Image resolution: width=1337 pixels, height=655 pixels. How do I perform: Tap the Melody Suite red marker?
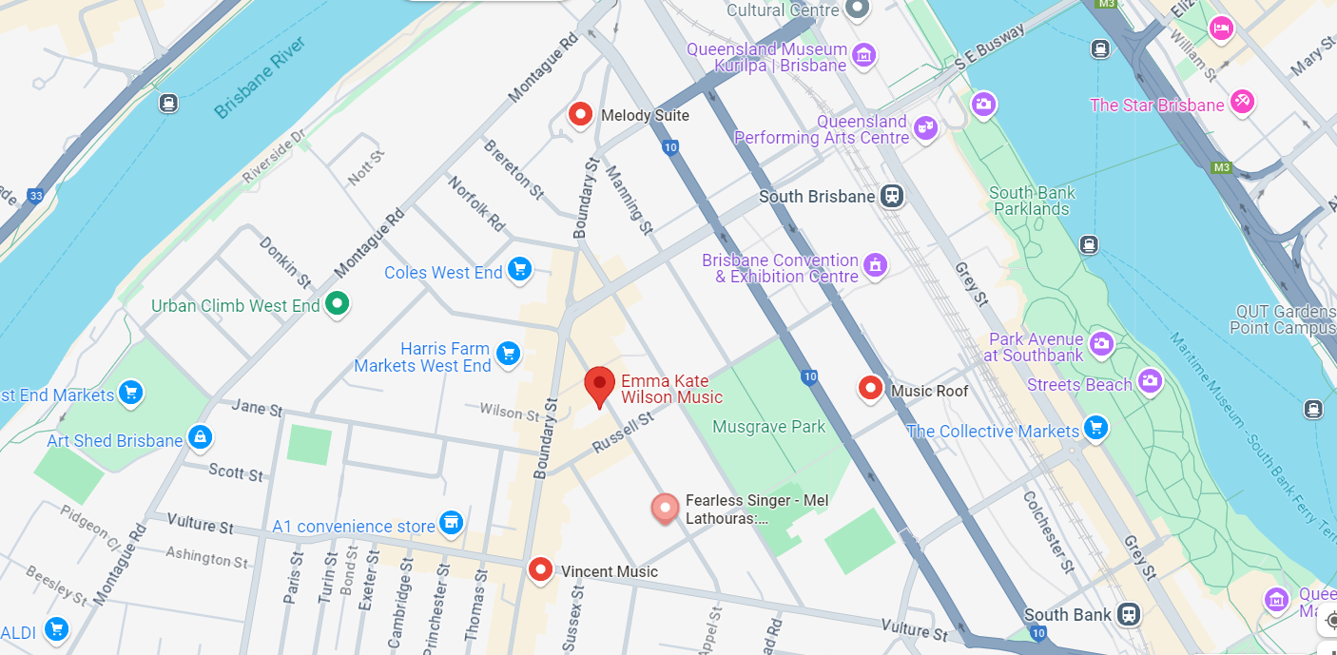(580, 115)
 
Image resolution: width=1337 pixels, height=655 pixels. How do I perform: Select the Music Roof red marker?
(870, 389)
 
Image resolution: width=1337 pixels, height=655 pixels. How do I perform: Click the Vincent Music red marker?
(541, 570)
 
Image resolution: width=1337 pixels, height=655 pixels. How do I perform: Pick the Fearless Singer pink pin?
(665, 508)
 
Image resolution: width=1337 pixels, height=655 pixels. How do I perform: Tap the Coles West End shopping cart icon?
(519, 271)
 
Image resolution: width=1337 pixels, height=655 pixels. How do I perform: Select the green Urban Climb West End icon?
(337, 305)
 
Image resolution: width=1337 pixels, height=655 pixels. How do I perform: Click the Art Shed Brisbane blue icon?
(200, 437)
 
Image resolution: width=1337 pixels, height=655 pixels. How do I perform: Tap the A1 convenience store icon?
(451, 523)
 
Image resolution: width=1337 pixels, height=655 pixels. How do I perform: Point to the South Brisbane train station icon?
(891, 196)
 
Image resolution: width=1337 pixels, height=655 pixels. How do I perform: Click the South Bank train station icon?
(1129, 614)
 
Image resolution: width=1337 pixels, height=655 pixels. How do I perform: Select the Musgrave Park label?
(768, 427)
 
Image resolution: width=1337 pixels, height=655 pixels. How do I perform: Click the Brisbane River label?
(259, 78)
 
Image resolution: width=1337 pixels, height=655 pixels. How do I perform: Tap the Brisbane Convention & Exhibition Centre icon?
(875, 264)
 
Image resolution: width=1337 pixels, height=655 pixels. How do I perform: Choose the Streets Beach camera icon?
(1150, 382)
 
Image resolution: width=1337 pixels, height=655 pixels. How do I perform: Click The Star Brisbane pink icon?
(1241, 102)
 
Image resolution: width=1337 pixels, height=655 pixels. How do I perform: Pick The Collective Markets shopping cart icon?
(1096, 429)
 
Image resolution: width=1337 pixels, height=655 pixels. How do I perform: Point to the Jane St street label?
(257, 410)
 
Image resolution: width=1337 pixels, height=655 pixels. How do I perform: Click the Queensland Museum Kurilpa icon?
(864, 55)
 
